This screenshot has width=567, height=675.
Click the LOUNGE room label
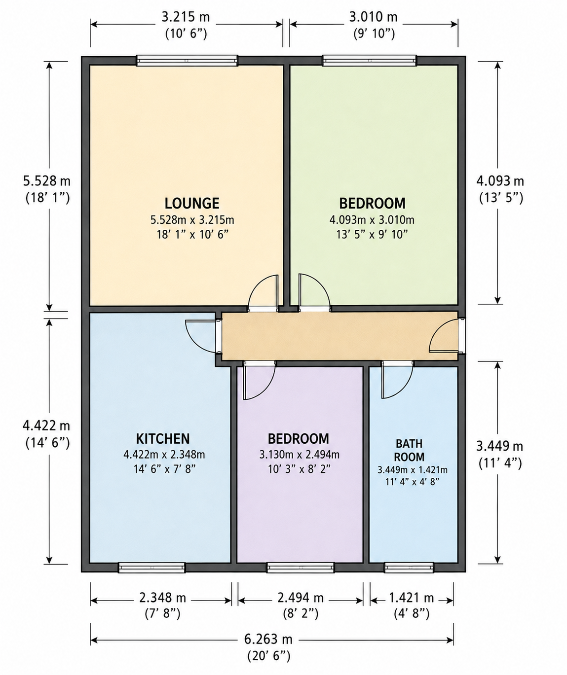[192, 203]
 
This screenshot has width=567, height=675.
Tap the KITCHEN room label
[163, 439]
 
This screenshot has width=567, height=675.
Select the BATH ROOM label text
[410, 450]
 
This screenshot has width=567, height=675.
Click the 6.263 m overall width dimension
[268, 639]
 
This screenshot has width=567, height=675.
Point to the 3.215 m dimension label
[186, 17]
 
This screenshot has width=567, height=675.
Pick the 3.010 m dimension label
[373, 17]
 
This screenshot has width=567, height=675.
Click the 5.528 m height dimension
[46, 181]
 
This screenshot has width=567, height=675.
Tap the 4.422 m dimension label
[46, 426]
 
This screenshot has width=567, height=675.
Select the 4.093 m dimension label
[500, 181]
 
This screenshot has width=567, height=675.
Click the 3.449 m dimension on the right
[499, 446]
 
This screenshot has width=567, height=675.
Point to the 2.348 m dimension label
[162, 598]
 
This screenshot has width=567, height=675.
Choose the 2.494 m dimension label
[301, 598]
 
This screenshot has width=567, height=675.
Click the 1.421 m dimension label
[411, 598]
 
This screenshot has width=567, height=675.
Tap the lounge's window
[187, 61]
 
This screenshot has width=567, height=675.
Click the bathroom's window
[409, 568]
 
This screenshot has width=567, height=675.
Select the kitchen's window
[152, 568]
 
